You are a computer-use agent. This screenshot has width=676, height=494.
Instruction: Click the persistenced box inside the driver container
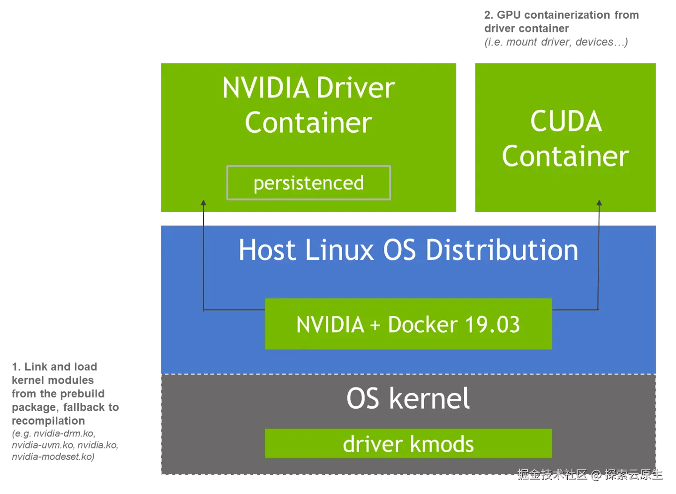click(x=308, y=183)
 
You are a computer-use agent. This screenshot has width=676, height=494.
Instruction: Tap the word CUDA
click(x=566, y=122)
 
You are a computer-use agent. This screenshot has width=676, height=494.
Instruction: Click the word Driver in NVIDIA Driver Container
click(x=355, y=88)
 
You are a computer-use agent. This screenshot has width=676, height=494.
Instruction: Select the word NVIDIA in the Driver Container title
click(x=266, y=88)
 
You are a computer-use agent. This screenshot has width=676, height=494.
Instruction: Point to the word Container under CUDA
click(x=565, y=156)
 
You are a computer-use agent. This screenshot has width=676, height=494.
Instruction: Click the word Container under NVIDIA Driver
click(x=308, y=123)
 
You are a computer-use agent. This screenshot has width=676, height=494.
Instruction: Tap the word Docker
click(x=422, y=325)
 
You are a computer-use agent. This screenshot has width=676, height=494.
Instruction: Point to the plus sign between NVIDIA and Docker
click(x=375, y=325)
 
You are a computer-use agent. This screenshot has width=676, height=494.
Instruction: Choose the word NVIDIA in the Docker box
click(x=330, y=325)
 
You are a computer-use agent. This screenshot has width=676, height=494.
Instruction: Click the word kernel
click(x=429, y=399)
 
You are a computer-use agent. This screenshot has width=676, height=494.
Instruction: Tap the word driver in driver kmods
click(x=373, y=444)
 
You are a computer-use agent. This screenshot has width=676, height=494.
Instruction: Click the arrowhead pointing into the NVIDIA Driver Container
click(x=203, y=203)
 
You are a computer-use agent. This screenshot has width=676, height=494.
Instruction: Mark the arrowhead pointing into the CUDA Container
click(x=599, y=204)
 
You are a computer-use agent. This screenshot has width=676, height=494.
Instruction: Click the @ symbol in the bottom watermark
click(x=595, y=475)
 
